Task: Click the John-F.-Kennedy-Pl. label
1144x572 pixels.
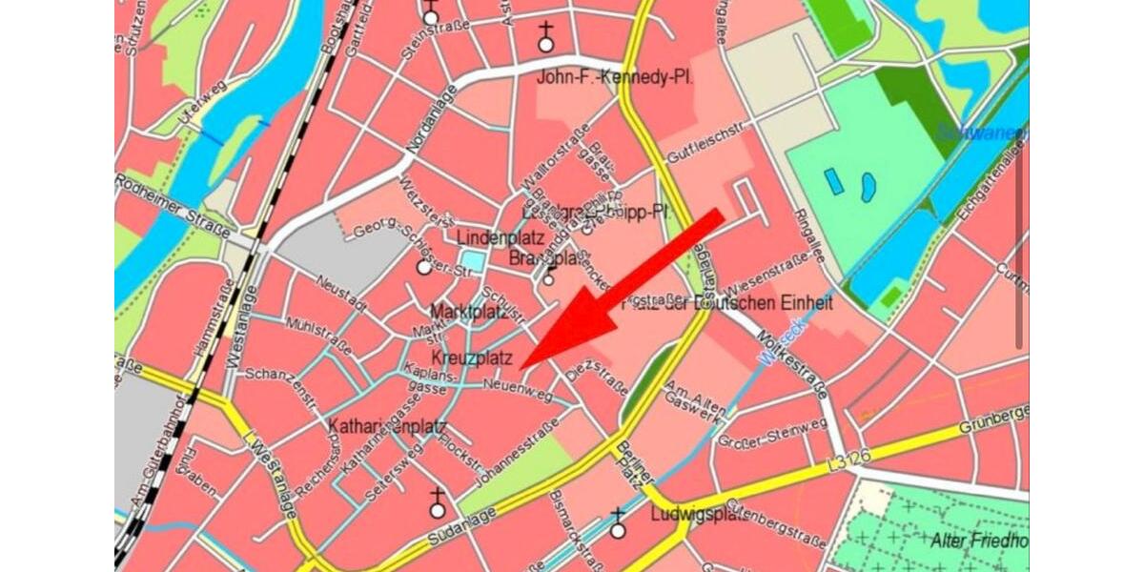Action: click(614, 77)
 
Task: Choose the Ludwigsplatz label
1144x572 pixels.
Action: click(699, 514)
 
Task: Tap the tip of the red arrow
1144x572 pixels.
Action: click(522, 366)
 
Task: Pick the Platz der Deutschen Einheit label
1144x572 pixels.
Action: click(728, 303)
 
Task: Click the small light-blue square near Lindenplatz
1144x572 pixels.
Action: click(472, 259)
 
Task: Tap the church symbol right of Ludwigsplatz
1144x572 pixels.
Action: click(618, 525)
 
